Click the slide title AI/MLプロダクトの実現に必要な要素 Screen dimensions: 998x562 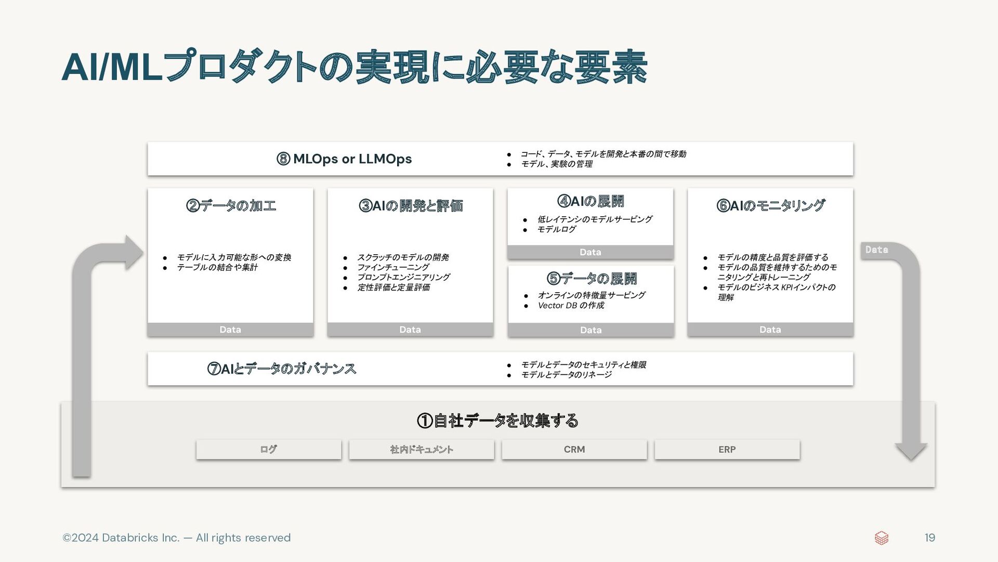coord(354,67)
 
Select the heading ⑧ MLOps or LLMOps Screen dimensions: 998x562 coord(344,159)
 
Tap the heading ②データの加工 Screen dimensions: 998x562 coord(231,205)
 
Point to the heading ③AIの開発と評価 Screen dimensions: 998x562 coord(411,205)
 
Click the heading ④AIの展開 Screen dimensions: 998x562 coord(590,201)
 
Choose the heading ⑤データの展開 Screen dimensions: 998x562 coord(592,279)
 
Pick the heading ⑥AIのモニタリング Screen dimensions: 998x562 coord(770,205)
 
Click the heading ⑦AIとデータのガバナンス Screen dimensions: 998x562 coord(282,369)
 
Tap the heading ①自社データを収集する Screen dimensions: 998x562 coord(497,420)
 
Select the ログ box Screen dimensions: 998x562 coord(269,449)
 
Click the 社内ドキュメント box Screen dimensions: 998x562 coord(422,449)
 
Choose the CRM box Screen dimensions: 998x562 coord(574,449)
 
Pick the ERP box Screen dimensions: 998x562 coord(727,449)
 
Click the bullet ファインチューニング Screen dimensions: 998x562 coord(393,267)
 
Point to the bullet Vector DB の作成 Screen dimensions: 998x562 coord(571,305)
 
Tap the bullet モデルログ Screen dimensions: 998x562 coord(556,229)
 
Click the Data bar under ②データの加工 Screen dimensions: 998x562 coord(230,329)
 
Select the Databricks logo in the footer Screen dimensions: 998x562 coord(882,538)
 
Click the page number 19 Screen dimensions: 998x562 coord(930,538)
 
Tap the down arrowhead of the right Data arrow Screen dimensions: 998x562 coord(911,452)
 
